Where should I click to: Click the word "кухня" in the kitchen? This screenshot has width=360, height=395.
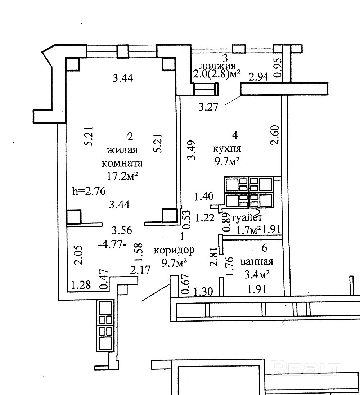[227, 148]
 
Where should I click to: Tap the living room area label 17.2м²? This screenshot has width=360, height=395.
[122, 176]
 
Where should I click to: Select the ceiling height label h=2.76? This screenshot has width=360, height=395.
[89, 191]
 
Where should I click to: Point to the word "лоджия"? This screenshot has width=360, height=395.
[217, 66]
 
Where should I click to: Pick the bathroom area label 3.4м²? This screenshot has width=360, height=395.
[257, 275]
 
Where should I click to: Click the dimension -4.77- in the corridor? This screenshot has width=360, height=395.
[112, 244]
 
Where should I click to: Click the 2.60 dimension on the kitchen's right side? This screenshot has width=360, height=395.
[275, 135]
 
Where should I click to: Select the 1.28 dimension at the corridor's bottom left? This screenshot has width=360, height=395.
[80, 286]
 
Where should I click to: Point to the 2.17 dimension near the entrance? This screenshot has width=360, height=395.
[140, 269]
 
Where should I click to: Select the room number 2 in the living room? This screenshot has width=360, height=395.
[130, 136]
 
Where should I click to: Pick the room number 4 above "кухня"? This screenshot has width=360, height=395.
[235, 135]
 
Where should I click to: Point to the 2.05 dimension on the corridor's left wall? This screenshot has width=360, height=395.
[79, 255]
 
